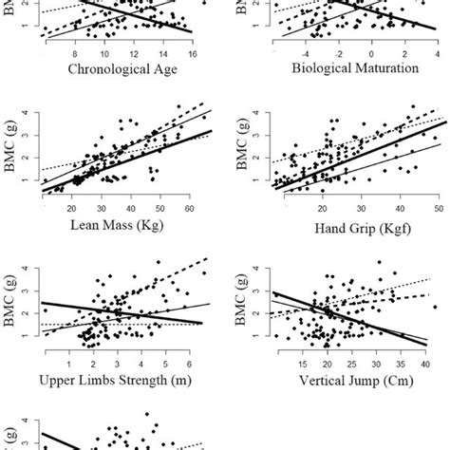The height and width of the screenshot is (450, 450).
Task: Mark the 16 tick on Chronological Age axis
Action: [194, 53]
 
